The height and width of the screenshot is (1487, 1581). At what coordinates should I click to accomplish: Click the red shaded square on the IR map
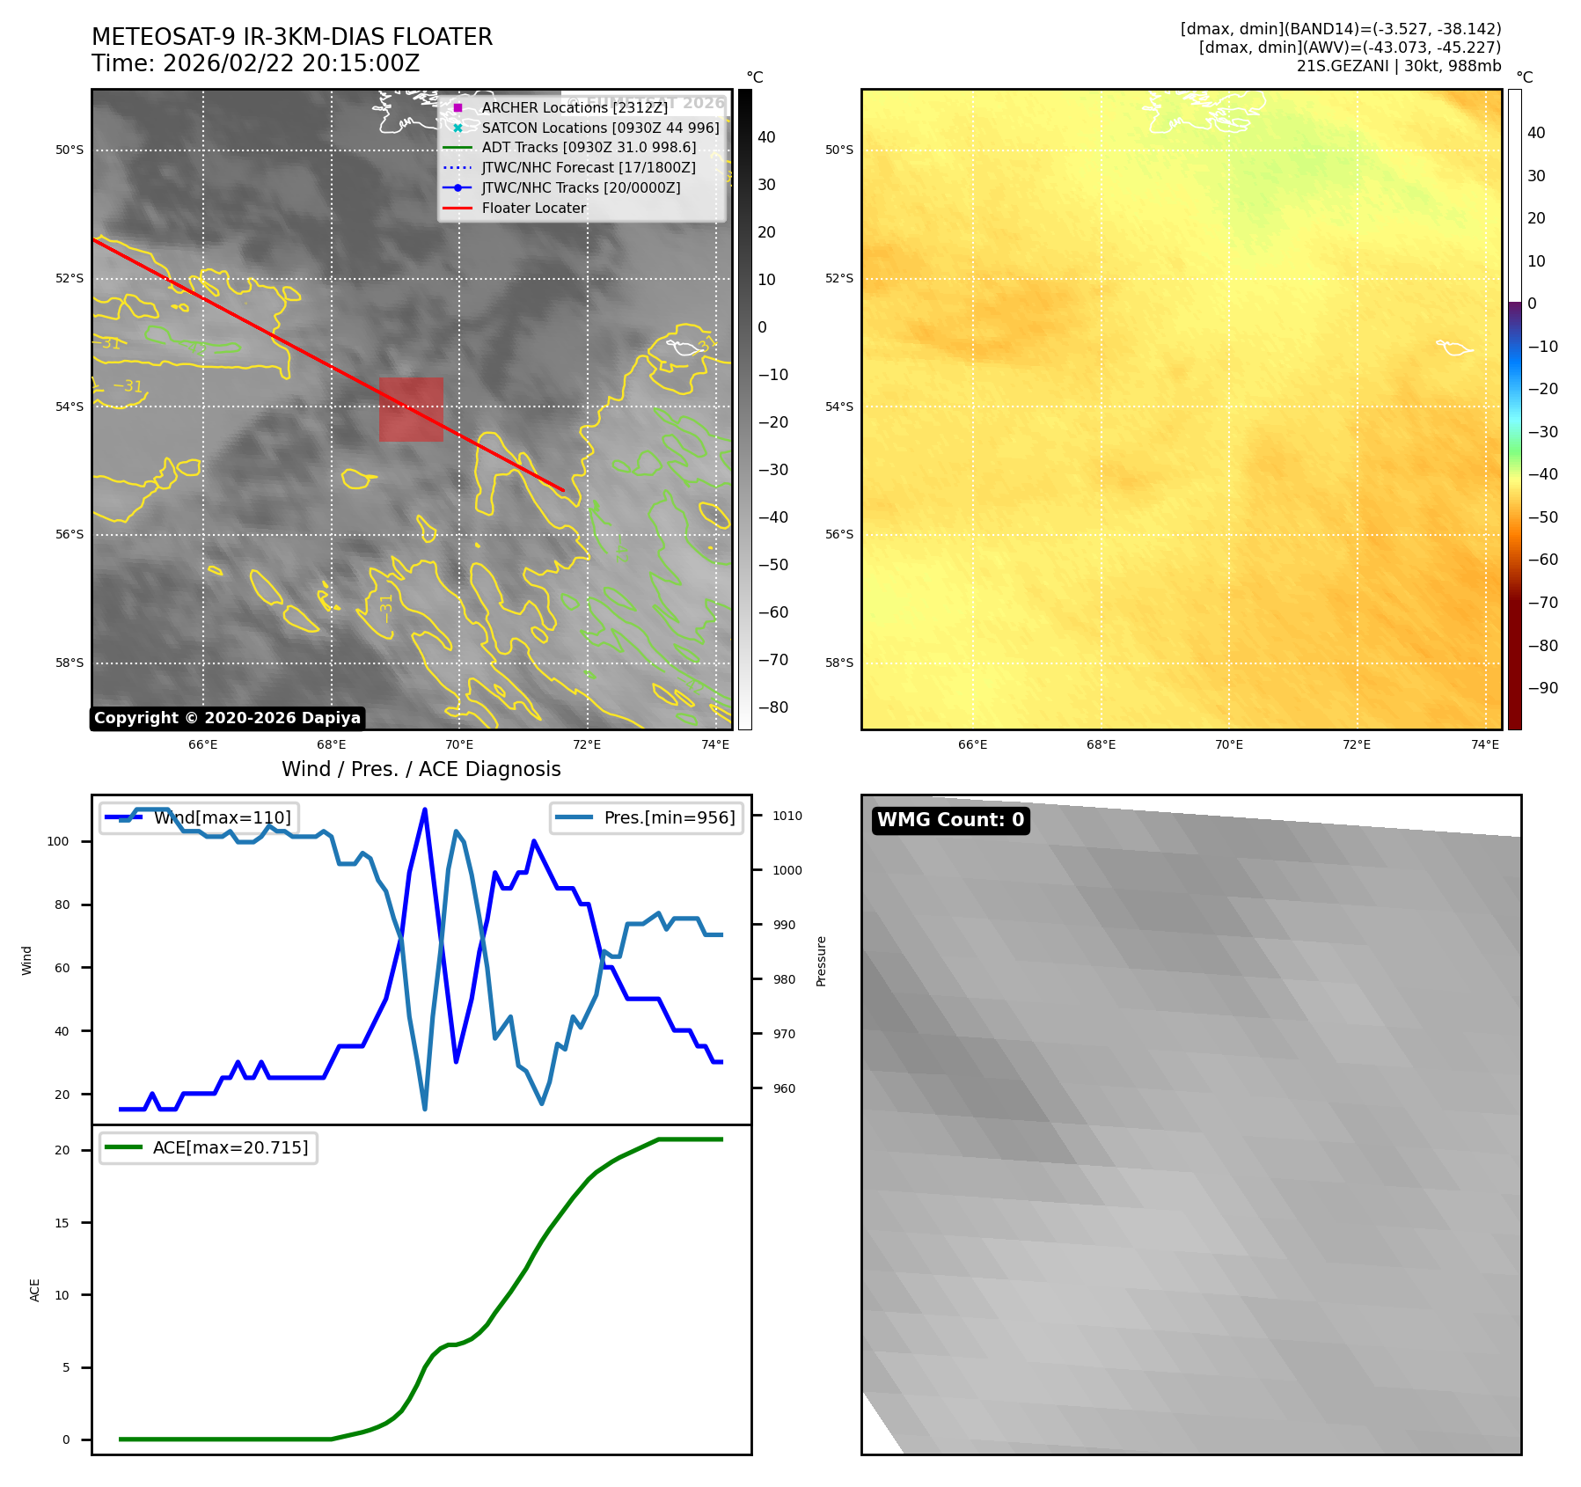click(411, 409)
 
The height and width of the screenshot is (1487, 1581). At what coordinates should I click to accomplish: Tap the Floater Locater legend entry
click(533, 209)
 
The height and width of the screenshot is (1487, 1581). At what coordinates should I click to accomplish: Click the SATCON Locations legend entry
click(599, 128)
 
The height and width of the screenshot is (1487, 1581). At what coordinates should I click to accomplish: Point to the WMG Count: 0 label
click(950, 820)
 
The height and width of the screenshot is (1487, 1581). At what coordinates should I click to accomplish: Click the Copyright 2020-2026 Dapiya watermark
click(227, 718)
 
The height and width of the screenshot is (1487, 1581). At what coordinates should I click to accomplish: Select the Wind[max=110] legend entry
click(222, 817)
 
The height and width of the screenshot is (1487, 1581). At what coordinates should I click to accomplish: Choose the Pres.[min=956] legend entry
click(669, 817)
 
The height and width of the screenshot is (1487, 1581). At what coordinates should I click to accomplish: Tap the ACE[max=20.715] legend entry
click(230, 1147)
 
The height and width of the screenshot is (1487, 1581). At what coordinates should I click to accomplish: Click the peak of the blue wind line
click(425, 809)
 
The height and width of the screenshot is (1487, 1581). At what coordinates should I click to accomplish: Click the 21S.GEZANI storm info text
click(1398, 66)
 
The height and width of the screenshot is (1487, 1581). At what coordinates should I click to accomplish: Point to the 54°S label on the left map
click(70, 407)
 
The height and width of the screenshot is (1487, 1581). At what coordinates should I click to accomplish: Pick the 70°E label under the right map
click(1228, 744)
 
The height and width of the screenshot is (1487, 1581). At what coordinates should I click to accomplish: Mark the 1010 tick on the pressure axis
click(787, 816)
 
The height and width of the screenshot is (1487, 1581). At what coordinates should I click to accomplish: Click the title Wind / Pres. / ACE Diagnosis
click(421, 769)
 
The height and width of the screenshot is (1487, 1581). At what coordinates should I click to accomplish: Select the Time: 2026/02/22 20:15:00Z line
click(256, 63)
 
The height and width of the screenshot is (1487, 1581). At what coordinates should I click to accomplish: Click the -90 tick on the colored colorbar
click(1542, 688)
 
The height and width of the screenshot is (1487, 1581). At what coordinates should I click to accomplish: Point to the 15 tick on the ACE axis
click(62, 1223)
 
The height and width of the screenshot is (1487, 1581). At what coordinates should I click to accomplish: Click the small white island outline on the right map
click(1454, 348)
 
